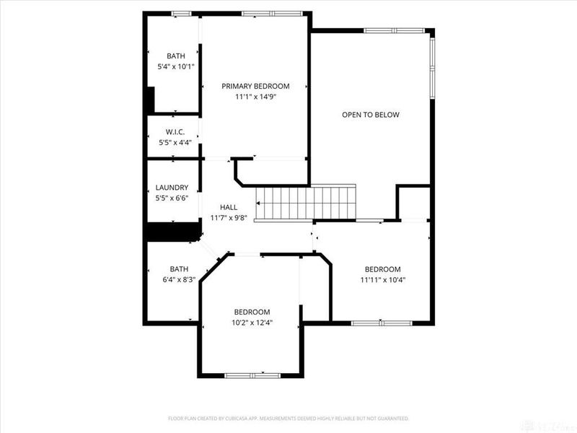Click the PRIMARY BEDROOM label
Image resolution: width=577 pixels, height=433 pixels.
(x=255, y=86)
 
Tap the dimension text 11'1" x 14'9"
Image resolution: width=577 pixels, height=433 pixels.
(x=255, y=97)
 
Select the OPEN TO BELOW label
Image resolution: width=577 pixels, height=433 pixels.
(x=370, y=115)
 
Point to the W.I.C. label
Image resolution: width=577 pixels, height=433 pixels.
(x=175, y=132)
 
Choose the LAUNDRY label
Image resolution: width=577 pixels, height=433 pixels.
(x=172, y=188)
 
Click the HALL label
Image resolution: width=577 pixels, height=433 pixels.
(x=229, y=207)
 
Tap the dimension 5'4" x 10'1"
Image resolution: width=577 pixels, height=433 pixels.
(x=175, y=66)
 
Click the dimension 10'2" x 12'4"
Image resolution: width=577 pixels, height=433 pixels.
(x=252, y=323)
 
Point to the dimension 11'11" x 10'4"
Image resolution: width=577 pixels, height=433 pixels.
(x=382, y=280)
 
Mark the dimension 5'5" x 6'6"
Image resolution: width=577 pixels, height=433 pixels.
(x=172, y=198)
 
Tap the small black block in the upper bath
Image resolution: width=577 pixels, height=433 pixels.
(x=150, y=99)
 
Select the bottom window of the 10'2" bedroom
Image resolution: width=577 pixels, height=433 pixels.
(x=251, y=375)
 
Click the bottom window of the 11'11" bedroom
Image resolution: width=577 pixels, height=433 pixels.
(x=381, y=323)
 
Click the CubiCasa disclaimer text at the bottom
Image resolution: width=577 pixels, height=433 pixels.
(x=288, y=418)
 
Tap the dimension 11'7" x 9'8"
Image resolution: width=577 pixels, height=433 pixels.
(x=229, y=218)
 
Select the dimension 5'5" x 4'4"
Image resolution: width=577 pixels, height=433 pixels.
(x=175, y=143)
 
